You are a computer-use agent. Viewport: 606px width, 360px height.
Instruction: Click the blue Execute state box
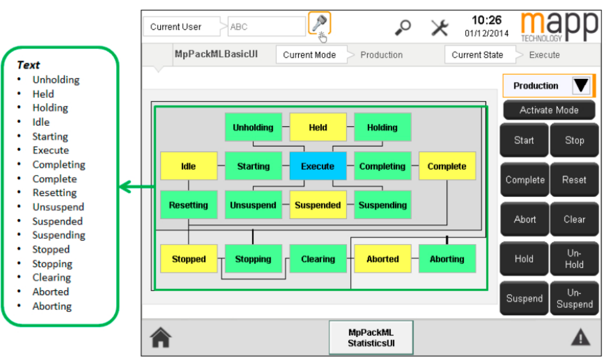click(x=318, y=166)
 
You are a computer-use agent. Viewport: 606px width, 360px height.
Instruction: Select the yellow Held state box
click(x=318, y=127)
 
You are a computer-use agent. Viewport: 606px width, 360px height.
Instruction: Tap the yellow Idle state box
click(x=188, y=166)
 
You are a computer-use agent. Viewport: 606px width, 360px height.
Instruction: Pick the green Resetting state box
click(x=188, y=205)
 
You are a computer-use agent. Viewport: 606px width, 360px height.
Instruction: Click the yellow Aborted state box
click(x=383, y=259)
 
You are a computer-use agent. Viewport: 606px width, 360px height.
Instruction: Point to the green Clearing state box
click(x=318, y=259)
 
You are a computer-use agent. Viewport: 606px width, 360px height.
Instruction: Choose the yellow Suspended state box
click(x=318, y=205)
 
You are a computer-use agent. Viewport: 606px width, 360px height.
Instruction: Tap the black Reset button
click(x=574, y=179)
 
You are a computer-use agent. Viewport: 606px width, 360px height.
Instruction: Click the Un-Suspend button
click(x=574, y=298)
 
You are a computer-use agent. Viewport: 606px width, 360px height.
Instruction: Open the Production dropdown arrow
click(x=581, y=86)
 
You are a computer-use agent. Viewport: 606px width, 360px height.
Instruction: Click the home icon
click(x=161, y=338)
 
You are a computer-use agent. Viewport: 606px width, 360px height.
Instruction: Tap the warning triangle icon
click(x=580, y=338)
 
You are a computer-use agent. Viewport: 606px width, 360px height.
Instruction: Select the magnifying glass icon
click(x=402, y=27)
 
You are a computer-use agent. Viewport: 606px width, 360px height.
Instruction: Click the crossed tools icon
click(x=440, y=27)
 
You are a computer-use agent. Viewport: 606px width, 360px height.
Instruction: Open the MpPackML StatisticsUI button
click(x=371, y=337)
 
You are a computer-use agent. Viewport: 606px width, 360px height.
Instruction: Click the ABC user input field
click(x=266, y=27)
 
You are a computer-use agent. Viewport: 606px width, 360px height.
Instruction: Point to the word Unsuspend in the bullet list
click(x=58, y=207)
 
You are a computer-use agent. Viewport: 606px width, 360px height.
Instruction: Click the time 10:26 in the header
click(x=486, y=20)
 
